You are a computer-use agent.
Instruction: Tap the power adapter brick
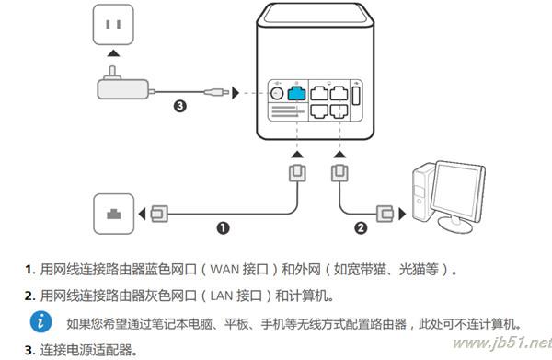tap(121, 88)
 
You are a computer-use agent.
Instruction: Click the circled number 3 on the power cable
tap(181, 106)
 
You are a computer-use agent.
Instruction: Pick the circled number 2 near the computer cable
tap(361, 226)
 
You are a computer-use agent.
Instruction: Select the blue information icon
tap(42, 322)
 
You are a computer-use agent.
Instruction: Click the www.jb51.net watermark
tap(502, 343)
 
